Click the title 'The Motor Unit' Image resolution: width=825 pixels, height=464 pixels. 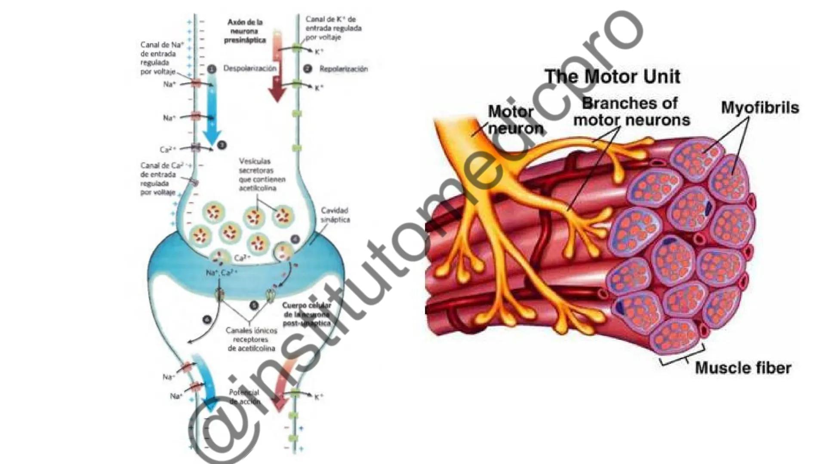(613, 77)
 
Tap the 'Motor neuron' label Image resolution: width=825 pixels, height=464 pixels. (515, 120)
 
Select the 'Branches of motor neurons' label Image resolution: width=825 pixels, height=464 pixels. (631, 112)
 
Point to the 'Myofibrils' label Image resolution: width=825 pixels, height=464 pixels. (760, 107)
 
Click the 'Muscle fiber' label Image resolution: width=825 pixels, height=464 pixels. (743, 368)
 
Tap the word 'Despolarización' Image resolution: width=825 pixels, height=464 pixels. (250, 69)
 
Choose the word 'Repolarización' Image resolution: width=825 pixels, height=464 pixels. (343, 69)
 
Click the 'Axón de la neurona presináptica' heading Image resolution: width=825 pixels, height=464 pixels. (245, 31)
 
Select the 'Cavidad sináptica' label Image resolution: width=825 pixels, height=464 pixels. (335, 215)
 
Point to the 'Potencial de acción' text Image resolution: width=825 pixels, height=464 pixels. (244, 397)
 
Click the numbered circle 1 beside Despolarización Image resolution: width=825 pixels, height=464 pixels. (211, 69)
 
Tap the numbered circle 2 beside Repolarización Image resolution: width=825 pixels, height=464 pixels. (307, 69)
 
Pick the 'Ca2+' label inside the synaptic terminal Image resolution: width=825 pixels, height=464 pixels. (242, 258)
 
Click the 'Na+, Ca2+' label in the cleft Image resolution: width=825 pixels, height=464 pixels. (222, 273)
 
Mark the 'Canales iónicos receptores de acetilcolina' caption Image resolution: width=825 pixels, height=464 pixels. (251, 339)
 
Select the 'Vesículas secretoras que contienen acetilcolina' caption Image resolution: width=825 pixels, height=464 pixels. (262, 174)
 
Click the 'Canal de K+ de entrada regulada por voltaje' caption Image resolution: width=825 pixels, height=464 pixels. (333, 28)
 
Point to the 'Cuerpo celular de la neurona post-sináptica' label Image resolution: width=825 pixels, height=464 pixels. (307, 314)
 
